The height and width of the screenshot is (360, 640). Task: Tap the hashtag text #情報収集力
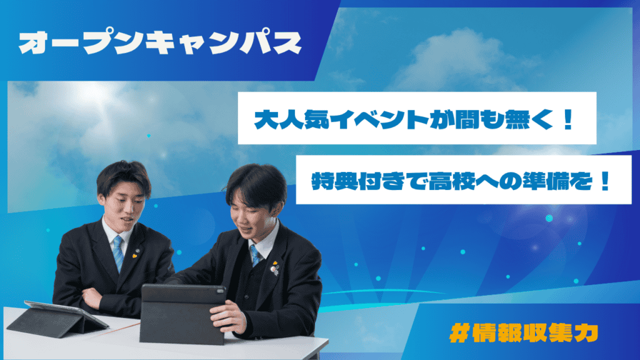(x=524, y=333)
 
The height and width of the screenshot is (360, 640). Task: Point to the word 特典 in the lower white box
(x=335, y=181)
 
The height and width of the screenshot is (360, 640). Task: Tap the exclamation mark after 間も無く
(x=567, y=119)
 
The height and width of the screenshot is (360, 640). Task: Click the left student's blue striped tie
(x=118, y=252)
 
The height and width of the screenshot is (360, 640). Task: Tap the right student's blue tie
(x=256, y=256)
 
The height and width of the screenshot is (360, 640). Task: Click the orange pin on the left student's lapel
(x=134, y=256)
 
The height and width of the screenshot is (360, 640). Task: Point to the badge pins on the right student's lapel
(x=276, y=267)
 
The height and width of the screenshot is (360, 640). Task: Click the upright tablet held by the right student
(x=182, y=314)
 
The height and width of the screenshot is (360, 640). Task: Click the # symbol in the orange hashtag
(x=459, y=333)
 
